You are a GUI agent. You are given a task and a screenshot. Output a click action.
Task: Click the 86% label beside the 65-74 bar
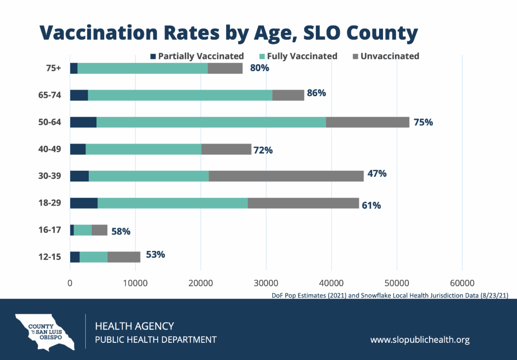[x=316, y=93]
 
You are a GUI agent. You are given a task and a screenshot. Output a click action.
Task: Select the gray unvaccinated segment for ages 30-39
[x=286, y=176]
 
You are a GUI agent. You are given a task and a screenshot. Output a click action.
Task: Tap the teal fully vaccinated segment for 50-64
[x=211, y=122]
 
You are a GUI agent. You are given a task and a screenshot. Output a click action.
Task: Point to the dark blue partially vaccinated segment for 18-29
[x=84, y=203]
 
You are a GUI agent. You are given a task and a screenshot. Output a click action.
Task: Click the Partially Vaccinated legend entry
[x=197, y=56]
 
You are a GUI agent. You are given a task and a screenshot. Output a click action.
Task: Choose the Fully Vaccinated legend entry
[x=298, y=56]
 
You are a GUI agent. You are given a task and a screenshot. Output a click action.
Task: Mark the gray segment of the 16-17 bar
[x=100, y=230]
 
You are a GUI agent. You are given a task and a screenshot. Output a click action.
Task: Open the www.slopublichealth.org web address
[x=420, y=340]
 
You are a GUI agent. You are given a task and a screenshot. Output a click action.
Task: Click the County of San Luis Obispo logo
[x=43, y=331]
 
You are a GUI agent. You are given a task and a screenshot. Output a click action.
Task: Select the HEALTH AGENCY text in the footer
[x=134, y=326]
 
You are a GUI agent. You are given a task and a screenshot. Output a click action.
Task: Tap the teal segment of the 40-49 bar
[x=143, y=149]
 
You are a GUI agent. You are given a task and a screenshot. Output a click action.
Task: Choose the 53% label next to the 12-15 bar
[x=155, y=254]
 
